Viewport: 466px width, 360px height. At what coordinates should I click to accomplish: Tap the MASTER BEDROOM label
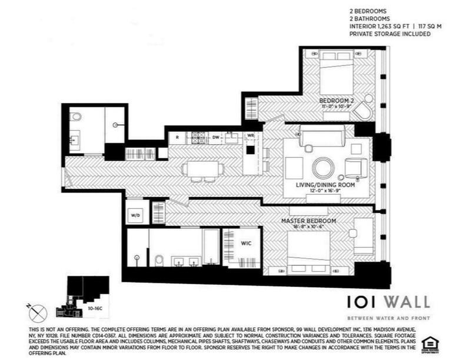tap(308, 221)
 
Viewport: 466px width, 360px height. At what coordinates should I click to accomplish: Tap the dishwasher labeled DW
tap(216, 137)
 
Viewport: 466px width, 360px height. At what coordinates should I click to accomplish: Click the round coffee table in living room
tap(324, 167)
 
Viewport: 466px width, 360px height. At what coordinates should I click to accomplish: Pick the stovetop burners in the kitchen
tap(198, 138)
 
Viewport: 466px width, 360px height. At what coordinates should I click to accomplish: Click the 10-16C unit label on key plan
tap(95, 307)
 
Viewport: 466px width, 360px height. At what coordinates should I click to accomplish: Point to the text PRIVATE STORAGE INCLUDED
tap(390, 34)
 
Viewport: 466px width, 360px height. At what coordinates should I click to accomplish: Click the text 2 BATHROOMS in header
tap(370, 19)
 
